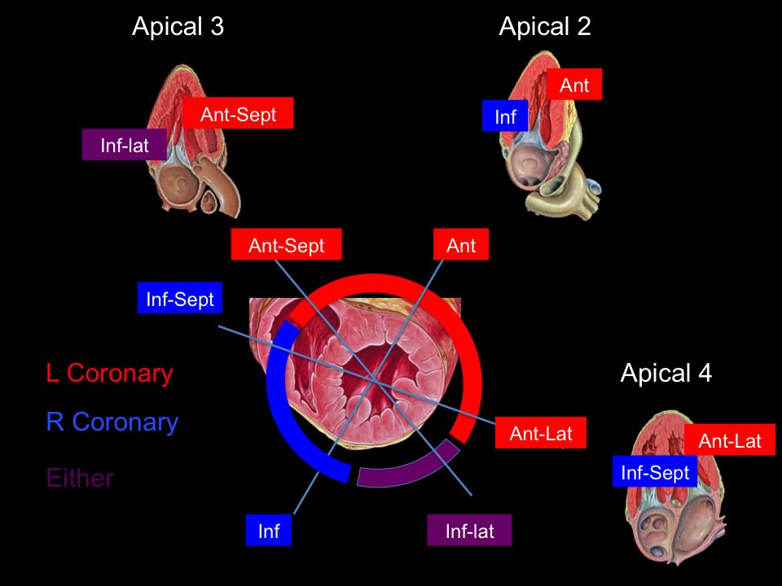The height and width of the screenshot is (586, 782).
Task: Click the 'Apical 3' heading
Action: point(178,27)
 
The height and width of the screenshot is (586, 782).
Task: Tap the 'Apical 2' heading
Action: point(544,27)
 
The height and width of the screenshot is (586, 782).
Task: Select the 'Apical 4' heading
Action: point(666,373)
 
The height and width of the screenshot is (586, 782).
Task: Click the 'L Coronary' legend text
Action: point(110,373)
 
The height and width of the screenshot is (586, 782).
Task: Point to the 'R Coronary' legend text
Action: point(112,422)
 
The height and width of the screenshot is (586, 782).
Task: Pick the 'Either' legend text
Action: point(80,477)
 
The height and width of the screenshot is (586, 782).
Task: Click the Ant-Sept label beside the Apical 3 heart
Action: point(238,114)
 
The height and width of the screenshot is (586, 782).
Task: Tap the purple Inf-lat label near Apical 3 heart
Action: point(125,145)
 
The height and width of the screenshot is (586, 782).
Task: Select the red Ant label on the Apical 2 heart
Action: point(574,84)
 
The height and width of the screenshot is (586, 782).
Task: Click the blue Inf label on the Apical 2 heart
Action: point(505,116)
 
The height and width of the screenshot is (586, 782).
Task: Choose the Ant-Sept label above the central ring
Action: point(286,245)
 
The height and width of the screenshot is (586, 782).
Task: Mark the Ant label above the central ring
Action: point(461,245)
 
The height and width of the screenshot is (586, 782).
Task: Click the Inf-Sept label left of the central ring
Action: point(179,299)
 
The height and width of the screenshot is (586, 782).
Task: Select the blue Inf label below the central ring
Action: point(269,531)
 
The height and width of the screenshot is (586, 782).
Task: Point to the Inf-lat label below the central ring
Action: point(469,531)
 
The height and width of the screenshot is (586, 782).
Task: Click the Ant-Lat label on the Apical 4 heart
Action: point(729,440)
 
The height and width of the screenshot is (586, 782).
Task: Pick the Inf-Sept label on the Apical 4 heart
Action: point(655,472)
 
